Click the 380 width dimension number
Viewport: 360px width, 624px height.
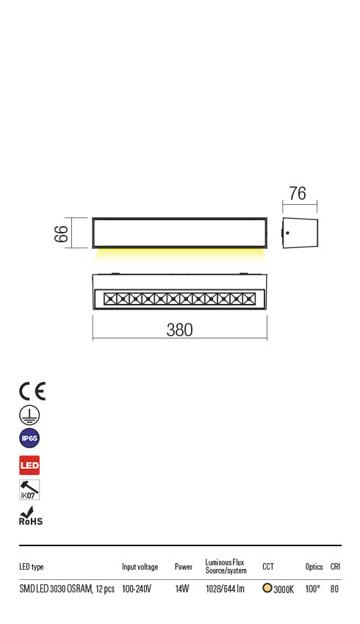[179, 330]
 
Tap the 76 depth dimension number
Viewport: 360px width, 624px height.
[298, 194]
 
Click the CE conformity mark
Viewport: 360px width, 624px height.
[32, 391]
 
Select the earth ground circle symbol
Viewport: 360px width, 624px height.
[29, 415]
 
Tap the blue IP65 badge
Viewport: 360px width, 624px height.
[29, 439]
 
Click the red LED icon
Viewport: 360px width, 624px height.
[29, 465]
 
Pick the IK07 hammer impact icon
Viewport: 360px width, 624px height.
[29, 490]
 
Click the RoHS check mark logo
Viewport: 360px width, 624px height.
[30, 516]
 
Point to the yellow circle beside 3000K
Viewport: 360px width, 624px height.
[267, 588]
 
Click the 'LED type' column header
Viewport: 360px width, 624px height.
[32, 567]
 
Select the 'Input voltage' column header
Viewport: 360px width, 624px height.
[140, 567]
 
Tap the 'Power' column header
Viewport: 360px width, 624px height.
[184, 567]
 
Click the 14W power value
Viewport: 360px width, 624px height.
[182, 589]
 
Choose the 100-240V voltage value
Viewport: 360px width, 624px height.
[137, 589]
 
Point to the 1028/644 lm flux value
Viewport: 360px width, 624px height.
[225, 589]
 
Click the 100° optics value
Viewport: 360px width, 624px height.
[312, 589]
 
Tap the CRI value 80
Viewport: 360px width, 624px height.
[335, 589]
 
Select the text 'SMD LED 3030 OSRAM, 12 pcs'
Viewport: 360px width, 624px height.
[66, 589]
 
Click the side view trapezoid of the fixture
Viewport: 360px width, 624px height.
[300, 233]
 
